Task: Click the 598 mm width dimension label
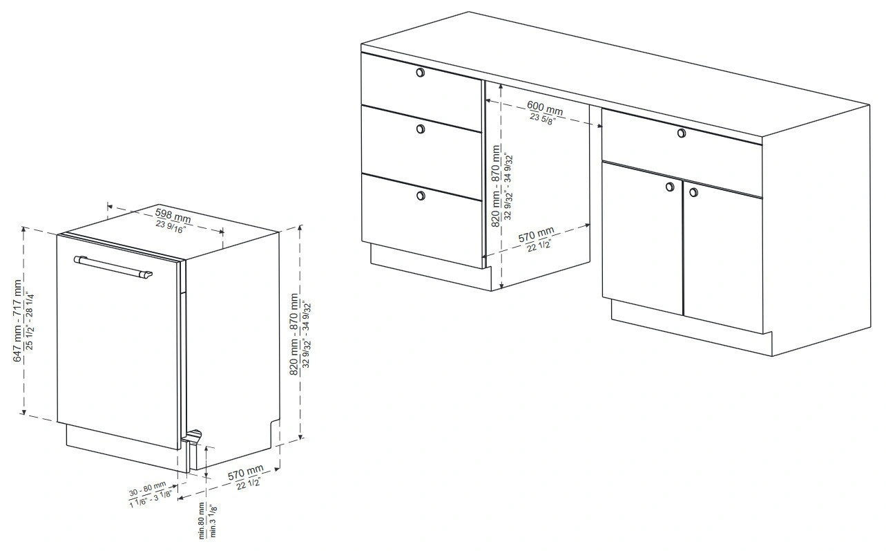pos(173,216)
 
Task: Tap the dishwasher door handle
pos(113,267)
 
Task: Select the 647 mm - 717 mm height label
pos(17,321)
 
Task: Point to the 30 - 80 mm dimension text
pos(148,489)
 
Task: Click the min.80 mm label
pos(202,521)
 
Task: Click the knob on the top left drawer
pos(420,73)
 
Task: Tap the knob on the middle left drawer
pos(421,129)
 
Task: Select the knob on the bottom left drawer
pos(421,196)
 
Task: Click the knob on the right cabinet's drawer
pos(681,133)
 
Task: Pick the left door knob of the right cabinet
pos(670,187)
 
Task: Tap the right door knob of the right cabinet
pos(693,192)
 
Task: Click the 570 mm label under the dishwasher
pos(246,473)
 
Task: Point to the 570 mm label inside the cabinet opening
pos(536,235)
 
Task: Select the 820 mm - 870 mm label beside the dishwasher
pos(294,335)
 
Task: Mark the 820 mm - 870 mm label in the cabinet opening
pos(496,186)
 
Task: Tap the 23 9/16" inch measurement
pos(171,227)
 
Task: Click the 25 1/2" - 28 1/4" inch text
pos(29,321)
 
